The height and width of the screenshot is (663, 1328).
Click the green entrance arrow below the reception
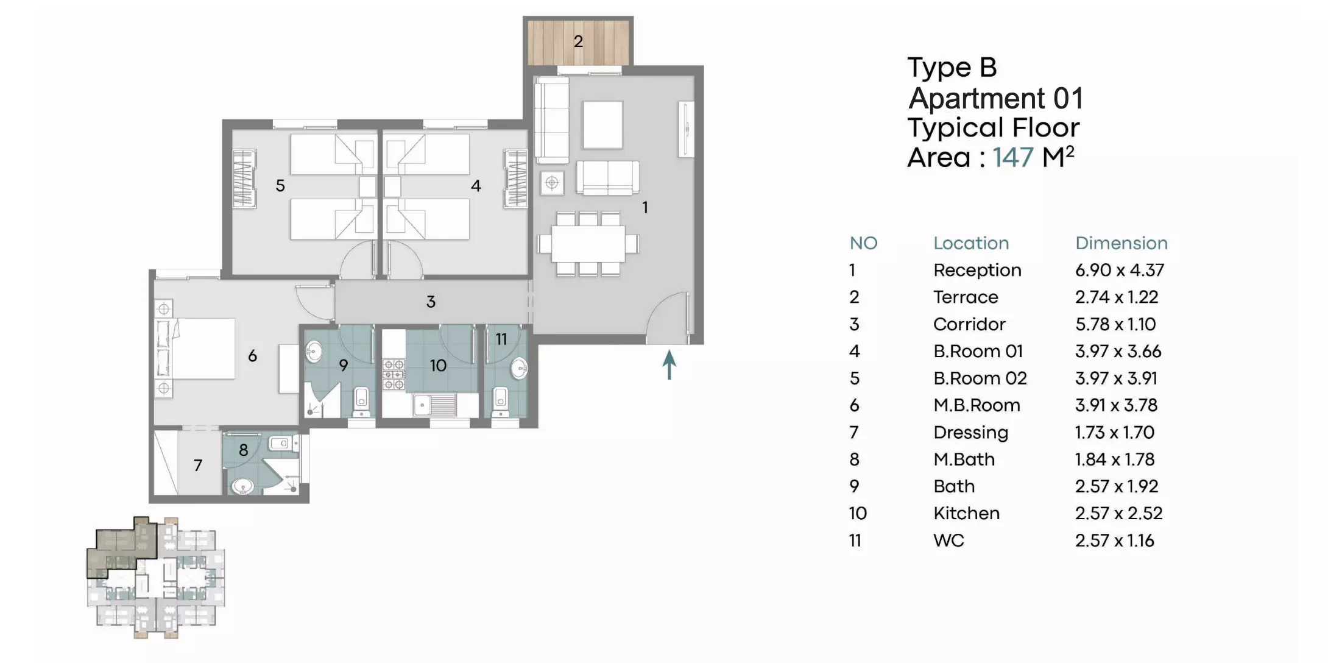click(669, 364)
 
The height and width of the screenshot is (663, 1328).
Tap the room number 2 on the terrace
click(578, 41)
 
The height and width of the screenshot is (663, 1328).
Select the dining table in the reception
click(588, 244)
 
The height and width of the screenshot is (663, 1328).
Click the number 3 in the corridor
click(431, 302)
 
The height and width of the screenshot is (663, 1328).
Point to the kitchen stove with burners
click(394, 374)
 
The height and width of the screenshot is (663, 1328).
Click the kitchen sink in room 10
click(434, 405)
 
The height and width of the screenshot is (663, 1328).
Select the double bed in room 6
click(195, 349)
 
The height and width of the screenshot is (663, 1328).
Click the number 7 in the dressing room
click(198, 466)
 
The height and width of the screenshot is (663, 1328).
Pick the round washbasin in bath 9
click(314, 350)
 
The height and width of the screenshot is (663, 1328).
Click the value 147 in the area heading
click(1013, 157)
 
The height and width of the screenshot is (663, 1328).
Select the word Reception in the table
click(977, 270)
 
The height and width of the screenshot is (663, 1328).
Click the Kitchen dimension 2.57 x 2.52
click(1118, 513)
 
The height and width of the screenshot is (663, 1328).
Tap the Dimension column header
click(1121, 243)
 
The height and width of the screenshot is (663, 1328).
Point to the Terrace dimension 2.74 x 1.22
click(1117, 297)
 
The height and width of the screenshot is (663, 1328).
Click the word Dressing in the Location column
click(970, 433)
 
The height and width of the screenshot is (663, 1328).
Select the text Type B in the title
click(952, 68)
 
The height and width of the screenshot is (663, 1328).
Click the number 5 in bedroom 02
click(280, 186)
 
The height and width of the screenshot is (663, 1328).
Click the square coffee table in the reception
click(602, 125)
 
